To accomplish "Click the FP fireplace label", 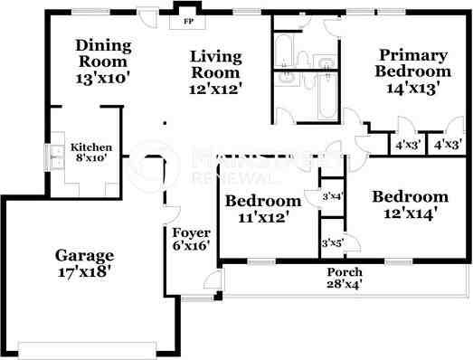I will click(189, 19).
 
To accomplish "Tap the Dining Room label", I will click(104, 53).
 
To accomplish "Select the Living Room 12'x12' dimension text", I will click(215, 90).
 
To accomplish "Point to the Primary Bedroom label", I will click(414, 63).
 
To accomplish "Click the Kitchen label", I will click(91, 147).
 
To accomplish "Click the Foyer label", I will click(191, 232).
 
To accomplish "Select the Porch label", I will click(345, 272).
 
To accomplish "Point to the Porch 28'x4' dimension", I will click(345, 284).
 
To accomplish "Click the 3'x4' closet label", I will click(333, 196).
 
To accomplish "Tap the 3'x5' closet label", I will click(333, 242).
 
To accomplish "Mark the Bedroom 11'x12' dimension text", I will click(261, 217).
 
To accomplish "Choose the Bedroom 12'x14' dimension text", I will click(410, 213).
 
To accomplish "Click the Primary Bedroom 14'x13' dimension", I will click(414, 89).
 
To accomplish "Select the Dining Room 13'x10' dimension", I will click(104, 78).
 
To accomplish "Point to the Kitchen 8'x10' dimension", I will click(91, 157).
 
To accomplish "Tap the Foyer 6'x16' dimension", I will click(191, 245).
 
